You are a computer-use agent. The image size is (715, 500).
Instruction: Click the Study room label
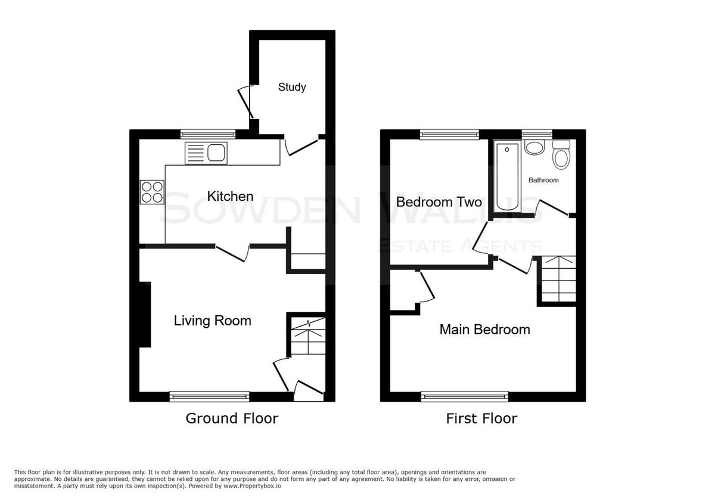coord(292,87)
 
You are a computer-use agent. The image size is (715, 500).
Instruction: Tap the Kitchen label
coord(230,196)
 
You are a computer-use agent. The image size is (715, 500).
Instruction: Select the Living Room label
coord(212,321)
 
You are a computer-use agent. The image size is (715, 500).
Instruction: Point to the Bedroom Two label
coord(439,202)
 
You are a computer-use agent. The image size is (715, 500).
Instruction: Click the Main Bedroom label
coord(484,330)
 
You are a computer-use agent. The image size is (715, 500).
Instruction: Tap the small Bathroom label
coord(543,180)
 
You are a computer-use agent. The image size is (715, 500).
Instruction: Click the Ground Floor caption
coord(232,418)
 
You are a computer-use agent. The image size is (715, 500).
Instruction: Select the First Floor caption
coord(481,418)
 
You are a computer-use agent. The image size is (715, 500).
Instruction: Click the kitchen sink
coord(206,153)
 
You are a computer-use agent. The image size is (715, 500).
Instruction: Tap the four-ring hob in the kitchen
coord(152,192)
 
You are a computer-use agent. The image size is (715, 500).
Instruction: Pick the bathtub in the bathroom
coord(507,176)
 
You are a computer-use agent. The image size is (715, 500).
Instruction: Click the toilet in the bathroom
coord(561,154)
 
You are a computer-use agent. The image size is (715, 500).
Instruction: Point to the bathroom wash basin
coord(534,148)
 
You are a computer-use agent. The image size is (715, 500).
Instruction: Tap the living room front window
coord(209,396)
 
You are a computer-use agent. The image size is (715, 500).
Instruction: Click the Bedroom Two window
coord(449,135)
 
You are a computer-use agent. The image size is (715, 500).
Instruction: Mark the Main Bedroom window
coord(464,396)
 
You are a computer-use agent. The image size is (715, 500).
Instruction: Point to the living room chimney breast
coord(145,315)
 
